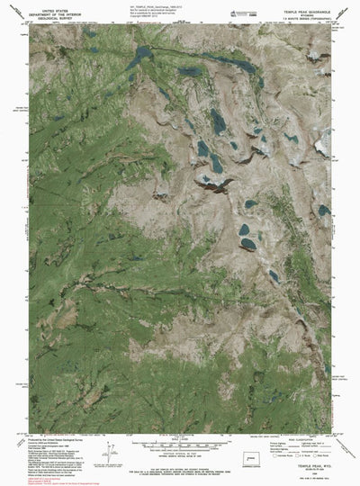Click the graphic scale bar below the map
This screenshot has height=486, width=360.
click(x=179, y=444)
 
